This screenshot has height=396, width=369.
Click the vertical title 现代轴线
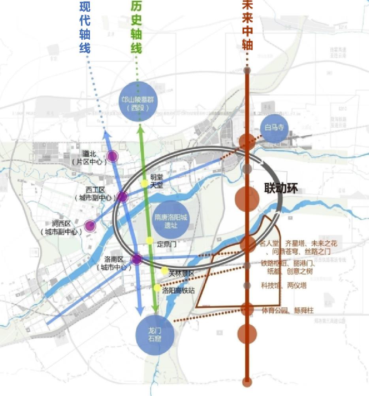[85, 27]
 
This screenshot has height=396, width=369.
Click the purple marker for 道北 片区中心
[113, 156]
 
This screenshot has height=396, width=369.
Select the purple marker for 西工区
[122, 196]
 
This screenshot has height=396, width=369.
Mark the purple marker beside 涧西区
[90, 226]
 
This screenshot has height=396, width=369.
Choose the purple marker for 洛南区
[136, 260]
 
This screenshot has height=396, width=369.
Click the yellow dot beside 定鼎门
[149, 241]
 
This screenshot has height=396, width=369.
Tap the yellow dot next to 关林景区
[164, 271]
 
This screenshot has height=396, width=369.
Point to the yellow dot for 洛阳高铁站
[157, 288]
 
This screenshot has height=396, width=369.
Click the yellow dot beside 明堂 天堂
[145, 184]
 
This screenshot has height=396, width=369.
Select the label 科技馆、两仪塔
[283, 285]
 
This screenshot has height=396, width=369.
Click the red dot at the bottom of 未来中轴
[247, 382]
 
